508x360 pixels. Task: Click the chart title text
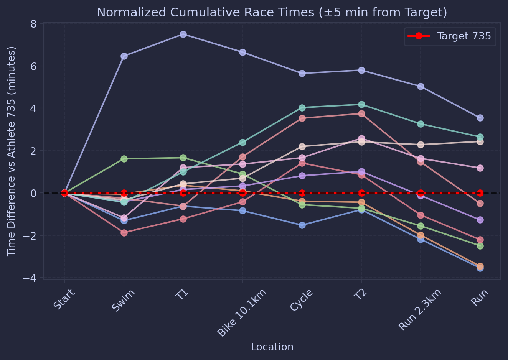pos(272,13)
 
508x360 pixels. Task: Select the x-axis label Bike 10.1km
pos(242,312)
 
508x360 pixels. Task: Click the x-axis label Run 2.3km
pos(420,309)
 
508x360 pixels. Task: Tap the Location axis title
pos(272,347)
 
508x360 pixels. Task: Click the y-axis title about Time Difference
pos(12,151)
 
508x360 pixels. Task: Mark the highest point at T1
pos(183,34)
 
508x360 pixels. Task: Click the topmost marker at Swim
pos(124,56)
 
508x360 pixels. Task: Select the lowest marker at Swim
pos(124,233)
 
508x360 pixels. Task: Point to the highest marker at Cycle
pos(302,73)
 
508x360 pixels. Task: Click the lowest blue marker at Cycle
pos(302,225)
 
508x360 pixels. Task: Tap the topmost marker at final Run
pos(480,118)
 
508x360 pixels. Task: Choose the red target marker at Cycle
pos(302,193)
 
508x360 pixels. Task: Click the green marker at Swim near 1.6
pos(124,159)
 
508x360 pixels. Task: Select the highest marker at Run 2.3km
pos(421,86)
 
